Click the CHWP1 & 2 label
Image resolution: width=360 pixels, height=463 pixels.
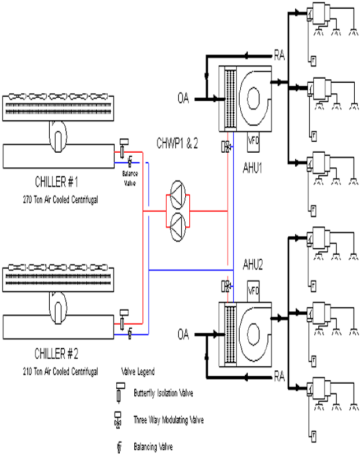pos(177,143)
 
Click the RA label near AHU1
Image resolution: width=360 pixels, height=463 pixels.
pos(280,56)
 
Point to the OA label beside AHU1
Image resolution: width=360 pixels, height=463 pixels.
pos(185,99)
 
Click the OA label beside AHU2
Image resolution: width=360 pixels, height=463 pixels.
pos(183,335)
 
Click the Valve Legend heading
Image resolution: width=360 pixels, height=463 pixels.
pos(138,372)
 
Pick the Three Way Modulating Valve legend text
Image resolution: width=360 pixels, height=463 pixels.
pos(168,420)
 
